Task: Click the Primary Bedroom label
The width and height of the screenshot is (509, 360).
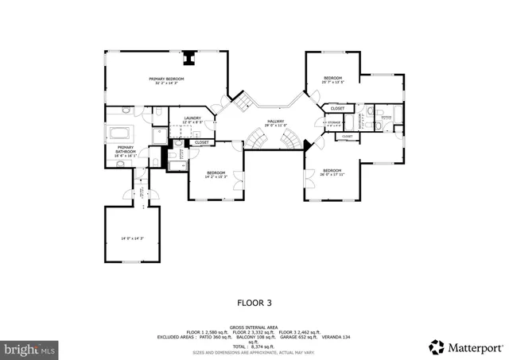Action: point(166,80)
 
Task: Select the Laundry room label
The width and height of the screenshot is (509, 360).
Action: point(192,120)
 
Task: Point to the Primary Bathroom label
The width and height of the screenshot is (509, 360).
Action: point(126,151)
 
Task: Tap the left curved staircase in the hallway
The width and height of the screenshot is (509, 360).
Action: point(257,141)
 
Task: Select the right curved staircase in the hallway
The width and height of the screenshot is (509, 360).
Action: point(294,141)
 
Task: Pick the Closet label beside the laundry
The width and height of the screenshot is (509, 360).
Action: point(202,142)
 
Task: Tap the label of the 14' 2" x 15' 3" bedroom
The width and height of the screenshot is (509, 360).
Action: point(216,174)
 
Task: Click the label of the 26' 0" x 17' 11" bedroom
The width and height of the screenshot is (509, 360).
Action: point(332,172)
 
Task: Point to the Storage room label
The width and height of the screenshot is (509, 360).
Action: point(332,123)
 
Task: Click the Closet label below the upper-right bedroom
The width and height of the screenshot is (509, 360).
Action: point(337,108)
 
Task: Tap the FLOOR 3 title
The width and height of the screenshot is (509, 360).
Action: point(254,302)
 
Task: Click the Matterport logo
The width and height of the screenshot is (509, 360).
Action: point(465,346)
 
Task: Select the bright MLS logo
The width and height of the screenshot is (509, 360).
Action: point(30,348)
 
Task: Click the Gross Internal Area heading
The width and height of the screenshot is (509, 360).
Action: point(254,327)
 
